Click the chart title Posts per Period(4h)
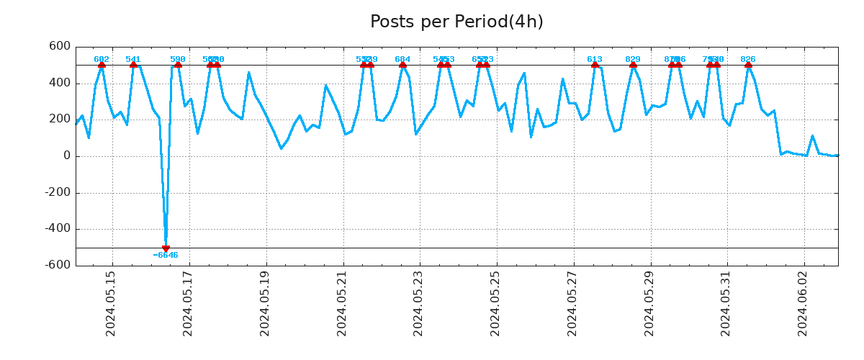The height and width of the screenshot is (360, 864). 456,22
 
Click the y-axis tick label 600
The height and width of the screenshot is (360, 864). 60,47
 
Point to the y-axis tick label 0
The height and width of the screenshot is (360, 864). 66,156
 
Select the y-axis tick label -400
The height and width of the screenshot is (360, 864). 56,229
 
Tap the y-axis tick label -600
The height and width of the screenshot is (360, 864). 56,265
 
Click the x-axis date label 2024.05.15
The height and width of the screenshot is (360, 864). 111,303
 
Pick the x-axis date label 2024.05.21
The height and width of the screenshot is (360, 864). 342,303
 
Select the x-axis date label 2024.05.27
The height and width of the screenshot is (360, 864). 572,303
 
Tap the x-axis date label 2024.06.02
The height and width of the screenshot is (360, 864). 804,303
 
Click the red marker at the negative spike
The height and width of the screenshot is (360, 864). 166,248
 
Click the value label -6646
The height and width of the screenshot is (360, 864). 166,256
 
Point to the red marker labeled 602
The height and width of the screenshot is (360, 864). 102,65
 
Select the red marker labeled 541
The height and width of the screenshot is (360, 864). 133,65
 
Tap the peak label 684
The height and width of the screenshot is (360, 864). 402,60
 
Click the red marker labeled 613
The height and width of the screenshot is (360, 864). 595,65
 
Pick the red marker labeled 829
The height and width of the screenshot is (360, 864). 633,65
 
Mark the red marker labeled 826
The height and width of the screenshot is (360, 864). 748,65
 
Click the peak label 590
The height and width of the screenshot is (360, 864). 178,60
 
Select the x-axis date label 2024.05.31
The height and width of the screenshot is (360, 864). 726,303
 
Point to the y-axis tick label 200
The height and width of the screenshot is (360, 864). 60,120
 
